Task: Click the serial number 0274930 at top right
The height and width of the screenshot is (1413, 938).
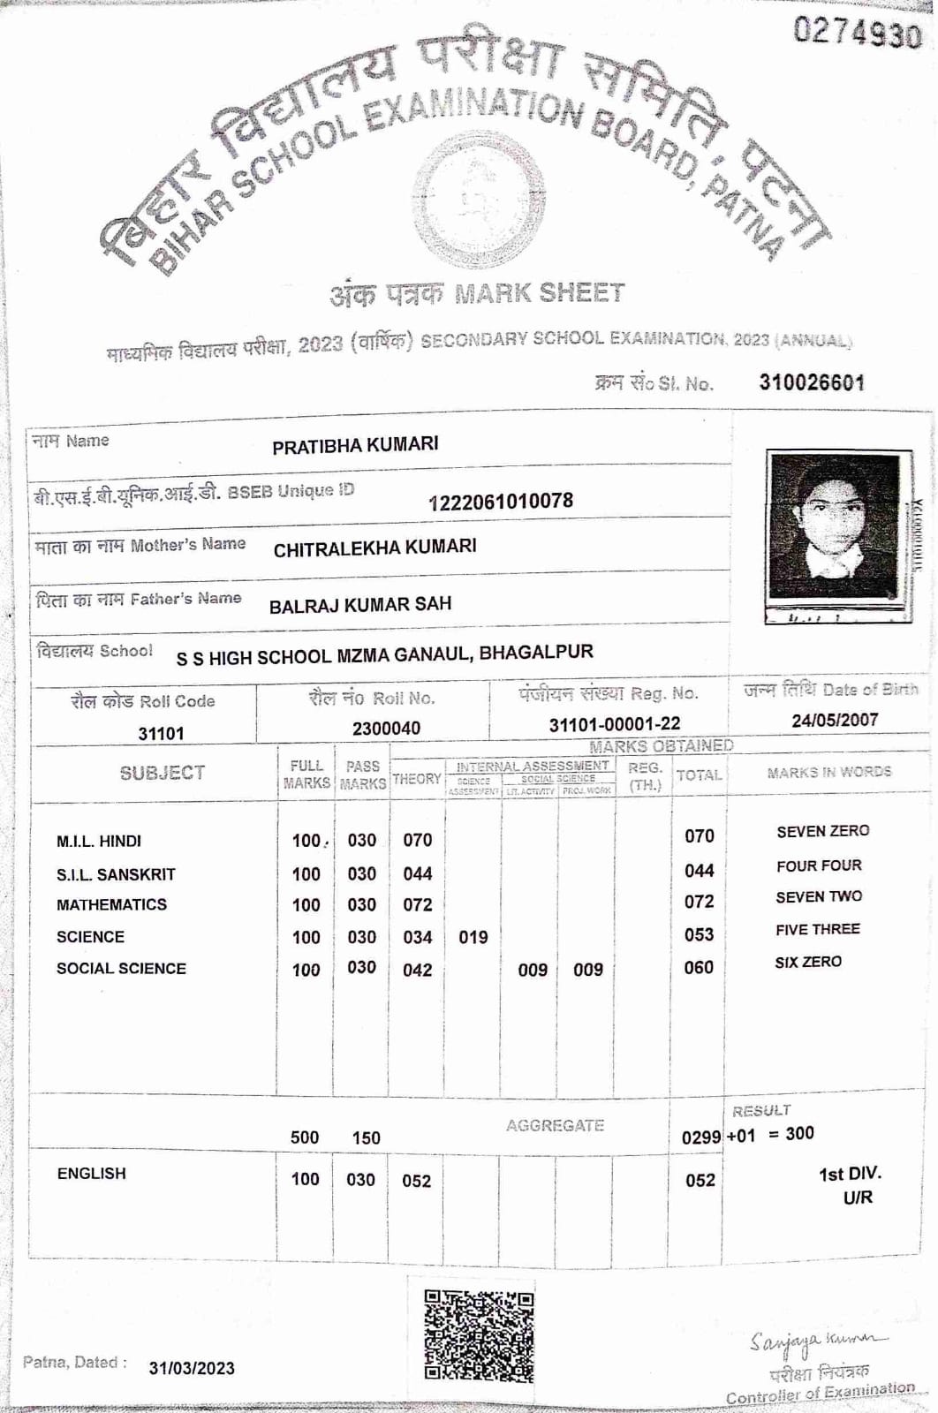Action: (x=857, y=33)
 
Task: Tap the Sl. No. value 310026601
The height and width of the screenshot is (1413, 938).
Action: (x=811, y=382)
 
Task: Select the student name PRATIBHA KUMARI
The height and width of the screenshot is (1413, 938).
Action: (x=355, y=445)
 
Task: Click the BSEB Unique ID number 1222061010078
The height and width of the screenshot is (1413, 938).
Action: (x=500, y=502)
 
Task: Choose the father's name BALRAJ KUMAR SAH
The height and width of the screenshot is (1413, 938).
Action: (x=360, y=605)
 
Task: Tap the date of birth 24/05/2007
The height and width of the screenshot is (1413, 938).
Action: (x=835, y=720)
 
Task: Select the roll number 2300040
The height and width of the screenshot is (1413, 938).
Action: (x=386, y=729)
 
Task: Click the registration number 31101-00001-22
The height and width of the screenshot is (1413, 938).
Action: (x=615, y=724)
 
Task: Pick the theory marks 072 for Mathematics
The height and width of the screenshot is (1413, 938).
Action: (x=417, y=905)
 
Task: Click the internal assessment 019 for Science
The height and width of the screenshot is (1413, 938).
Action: (x=473, y=937)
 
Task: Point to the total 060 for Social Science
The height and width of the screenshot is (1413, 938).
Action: (x=699, y=968)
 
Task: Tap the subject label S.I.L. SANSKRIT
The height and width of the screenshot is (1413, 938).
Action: (x=116, y=874)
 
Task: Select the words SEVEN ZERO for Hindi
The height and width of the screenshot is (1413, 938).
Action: (x=822, y=831)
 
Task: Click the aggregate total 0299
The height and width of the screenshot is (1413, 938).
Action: (x=701, y=1137)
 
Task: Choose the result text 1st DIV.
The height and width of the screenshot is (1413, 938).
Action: (x=850, y=1174)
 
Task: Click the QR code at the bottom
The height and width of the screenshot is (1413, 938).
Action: (x=479, y=1336)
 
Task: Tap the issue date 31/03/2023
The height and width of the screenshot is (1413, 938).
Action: (x=192, y=1368)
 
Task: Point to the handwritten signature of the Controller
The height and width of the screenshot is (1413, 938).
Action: (x=817, y=1341)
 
